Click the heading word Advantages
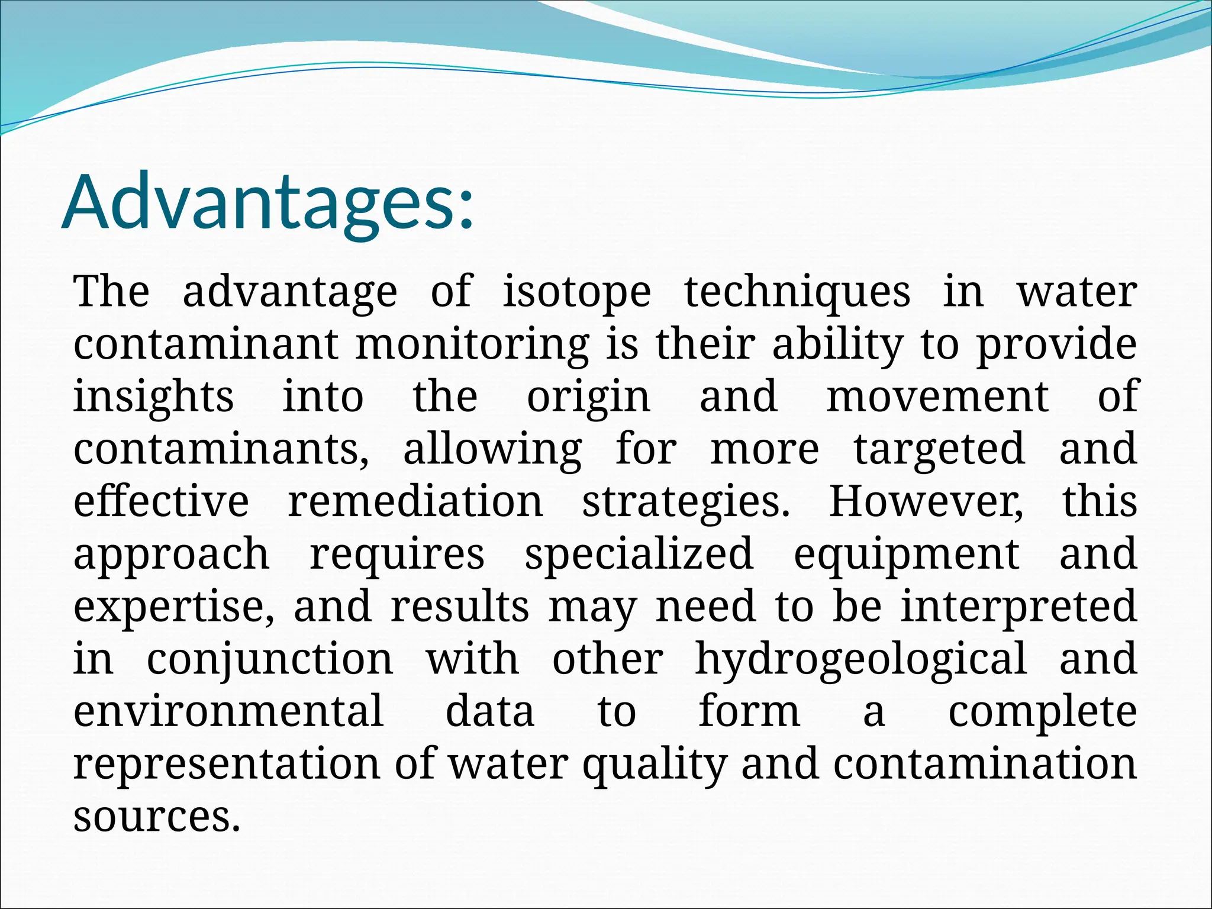click(266, 202)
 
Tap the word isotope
click(577, 292)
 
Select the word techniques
click(797, 292)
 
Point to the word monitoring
click(472, 344)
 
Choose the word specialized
click(639, 553)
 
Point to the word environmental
click(228, 711)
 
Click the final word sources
click(157, 816)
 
